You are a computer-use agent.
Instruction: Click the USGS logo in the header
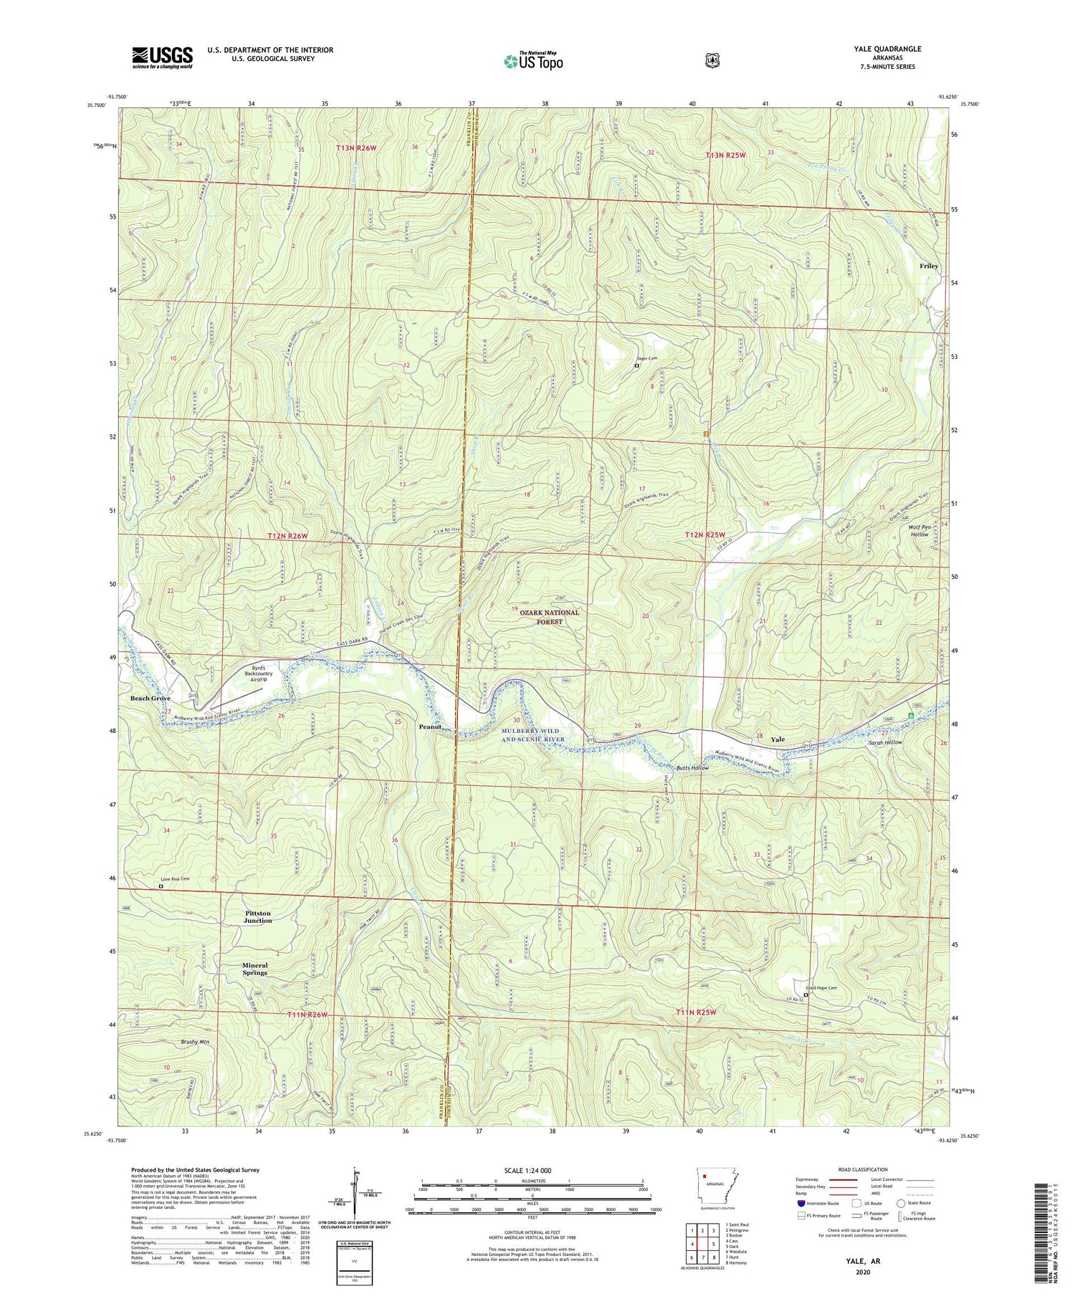(x=162, y=57)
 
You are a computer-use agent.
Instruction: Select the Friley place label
(x=929, y=266)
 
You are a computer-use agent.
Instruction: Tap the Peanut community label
(x=429, y=727)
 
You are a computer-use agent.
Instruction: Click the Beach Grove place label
(x=150, y=698)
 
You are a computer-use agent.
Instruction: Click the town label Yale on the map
(x=778, y=739)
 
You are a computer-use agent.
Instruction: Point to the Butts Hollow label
(x=692, y=767)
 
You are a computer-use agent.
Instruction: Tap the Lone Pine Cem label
(x=176, y=879)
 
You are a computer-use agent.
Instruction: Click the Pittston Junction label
(x=258, y=917)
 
